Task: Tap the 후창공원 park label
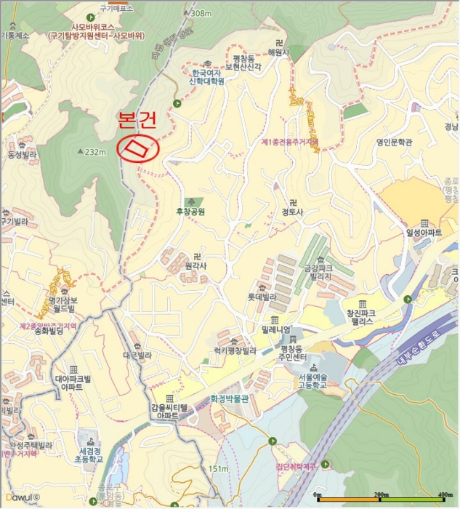(191, 212)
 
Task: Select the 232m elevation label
(94, 152)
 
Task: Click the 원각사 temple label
(195, 265)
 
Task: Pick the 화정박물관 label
(229, 398)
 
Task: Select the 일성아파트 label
(424, 231)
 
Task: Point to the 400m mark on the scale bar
(445, 495)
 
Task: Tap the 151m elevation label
(218, 469)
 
